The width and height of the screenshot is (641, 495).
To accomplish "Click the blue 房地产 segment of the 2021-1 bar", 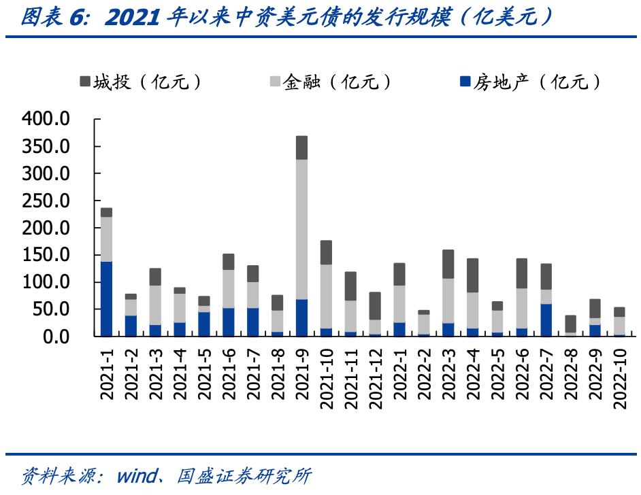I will [106, 298].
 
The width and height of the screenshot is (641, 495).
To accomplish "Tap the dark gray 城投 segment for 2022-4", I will [473, 275].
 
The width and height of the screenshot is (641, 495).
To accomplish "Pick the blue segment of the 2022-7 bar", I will [546, 320].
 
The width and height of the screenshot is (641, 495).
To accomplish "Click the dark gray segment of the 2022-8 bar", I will [570, 324].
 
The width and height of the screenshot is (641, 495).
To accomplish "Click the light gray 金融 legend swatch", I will [276, 82].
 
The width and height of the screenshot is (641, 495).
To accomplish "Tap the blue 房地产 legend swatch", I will [466, 82].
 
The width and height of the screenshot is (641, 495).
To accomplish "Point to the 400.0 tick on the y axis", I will [46, 120].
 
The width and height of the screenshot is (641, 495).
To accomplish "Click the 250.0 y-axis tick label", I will [46, 201].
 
